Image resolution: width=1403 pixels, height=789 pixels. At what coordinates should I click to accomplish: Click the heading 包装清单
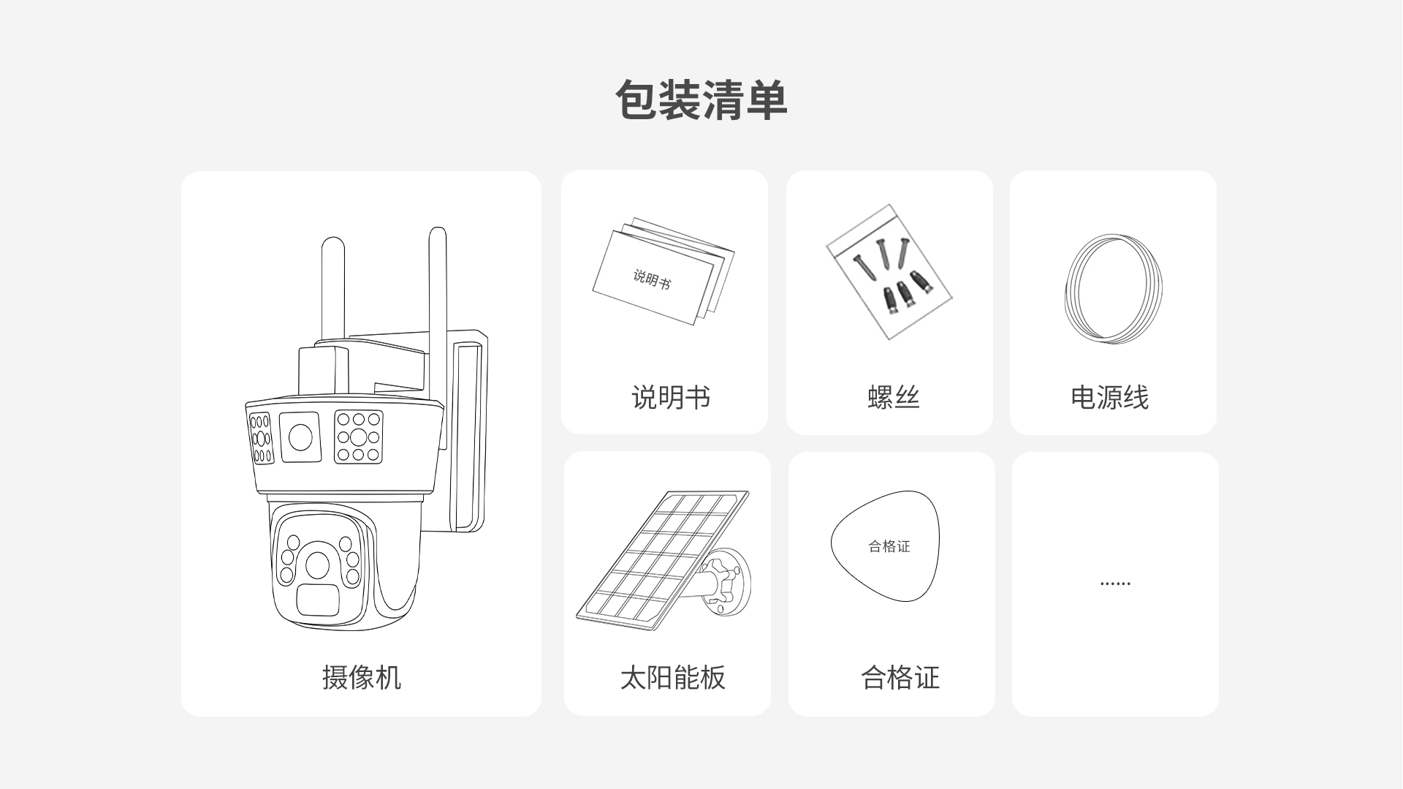pos(701,100)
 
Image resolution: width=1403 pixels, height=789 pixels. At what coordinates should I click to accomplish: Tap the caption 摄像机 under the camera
pos(362,677)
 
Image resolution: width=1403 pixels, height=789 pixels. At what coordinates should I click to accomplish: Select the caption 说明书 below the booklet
pos(671,397)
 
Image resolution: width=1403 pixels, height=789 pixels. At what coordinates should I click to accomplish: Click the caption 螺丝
pos(893,397)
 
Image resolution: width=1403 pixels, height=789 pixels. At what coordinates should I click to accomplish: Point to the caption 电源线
pos(1109,397)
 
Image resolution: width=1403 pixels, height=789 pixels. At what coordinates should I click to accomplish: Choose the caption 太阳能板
pos(672,677)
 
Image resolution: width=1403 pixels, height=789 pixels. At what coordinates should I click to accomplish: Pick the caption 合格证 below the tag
pos(900,677)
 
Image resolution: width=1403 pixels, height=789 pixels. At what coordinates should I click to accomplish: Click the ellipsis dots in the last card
pos(1115,584)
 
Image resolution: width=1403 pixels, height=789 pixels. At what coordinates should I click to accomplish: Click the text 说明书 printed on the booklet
pos(651,279)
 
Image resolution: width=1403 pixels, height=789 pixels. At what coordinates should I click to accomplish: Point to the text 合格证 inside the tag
pos(889,546)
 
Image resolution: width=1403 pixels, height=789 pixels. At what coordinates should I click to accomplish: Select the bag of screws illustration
pos(889,272)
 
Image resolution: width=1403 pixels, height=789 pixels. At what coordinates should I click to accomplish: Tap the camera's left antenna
pos(333,292)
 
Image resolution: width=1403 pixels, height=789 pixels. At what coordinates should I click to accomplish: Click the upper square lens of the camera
pos(301,437)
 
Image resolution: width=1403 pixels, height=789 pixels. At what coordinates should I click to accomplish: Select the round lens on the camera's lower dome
pos(317,565)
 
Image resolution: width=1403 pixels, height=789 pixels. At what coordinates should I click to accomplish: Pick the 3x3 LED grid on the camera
pos(358,437)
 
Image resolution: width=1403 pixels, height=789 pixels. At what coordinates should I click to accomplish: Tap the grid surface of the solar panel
pos(661,556)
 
